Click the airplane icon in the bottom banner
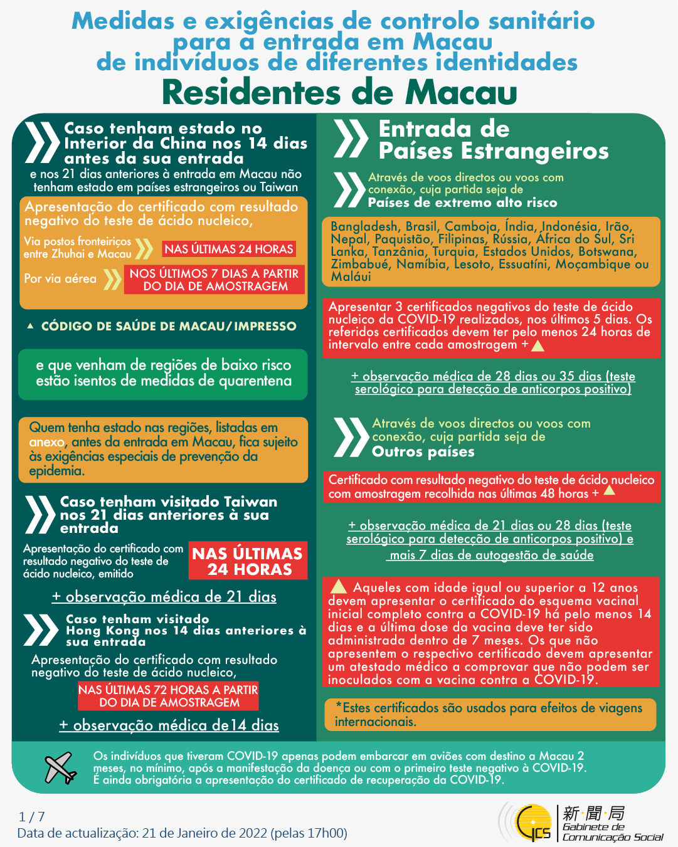60,768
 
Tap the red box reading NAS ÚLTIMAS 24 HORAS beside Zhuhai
229,249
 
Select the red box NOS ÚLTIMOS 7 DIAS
215,280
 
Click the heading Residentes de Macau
339,92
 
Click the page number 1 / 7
32,816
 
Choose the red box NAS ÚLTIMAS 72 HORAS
168,696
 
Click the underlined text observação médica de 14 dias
169,725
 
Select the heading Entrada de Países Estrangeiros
493,140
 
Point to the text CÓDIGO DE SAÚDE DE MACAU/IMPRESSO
169,326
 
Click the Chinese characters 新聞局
593,813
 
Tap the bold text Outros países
423,452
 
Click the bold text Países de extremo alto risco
462,203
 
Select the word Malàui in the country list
351,276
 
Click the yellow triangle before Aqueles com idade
339,587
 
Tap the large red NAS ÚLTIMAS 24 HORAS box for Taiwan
248,561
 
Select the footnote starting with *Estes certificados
489,715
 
